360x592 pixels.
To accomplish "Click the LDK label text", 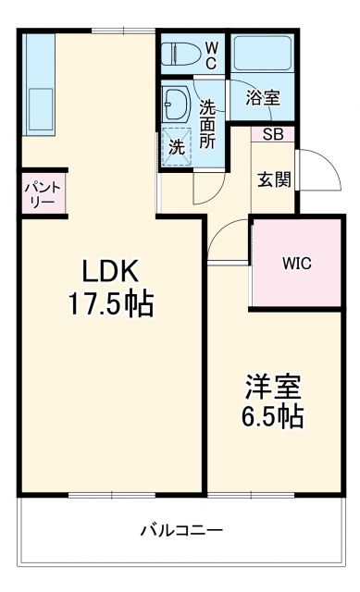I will coord(110,271).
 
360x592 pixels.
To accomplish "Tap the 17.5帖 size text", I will coord(110,302).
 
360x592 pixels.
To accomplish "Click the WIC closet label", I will coord(296,263).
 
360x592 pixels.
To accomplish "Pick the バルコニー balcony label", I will coord(181,531).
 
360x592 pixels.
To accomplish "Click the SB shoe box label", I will coord(273,135).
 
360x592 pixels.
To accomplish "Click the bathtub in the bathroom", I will coord(262,56).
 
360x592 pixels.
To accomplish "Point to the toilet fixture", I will coord(177,53).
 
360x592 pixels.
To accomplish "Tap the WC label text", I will coord(212,53).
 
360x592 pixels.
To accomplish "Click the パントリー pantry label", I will coord(43,194).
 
